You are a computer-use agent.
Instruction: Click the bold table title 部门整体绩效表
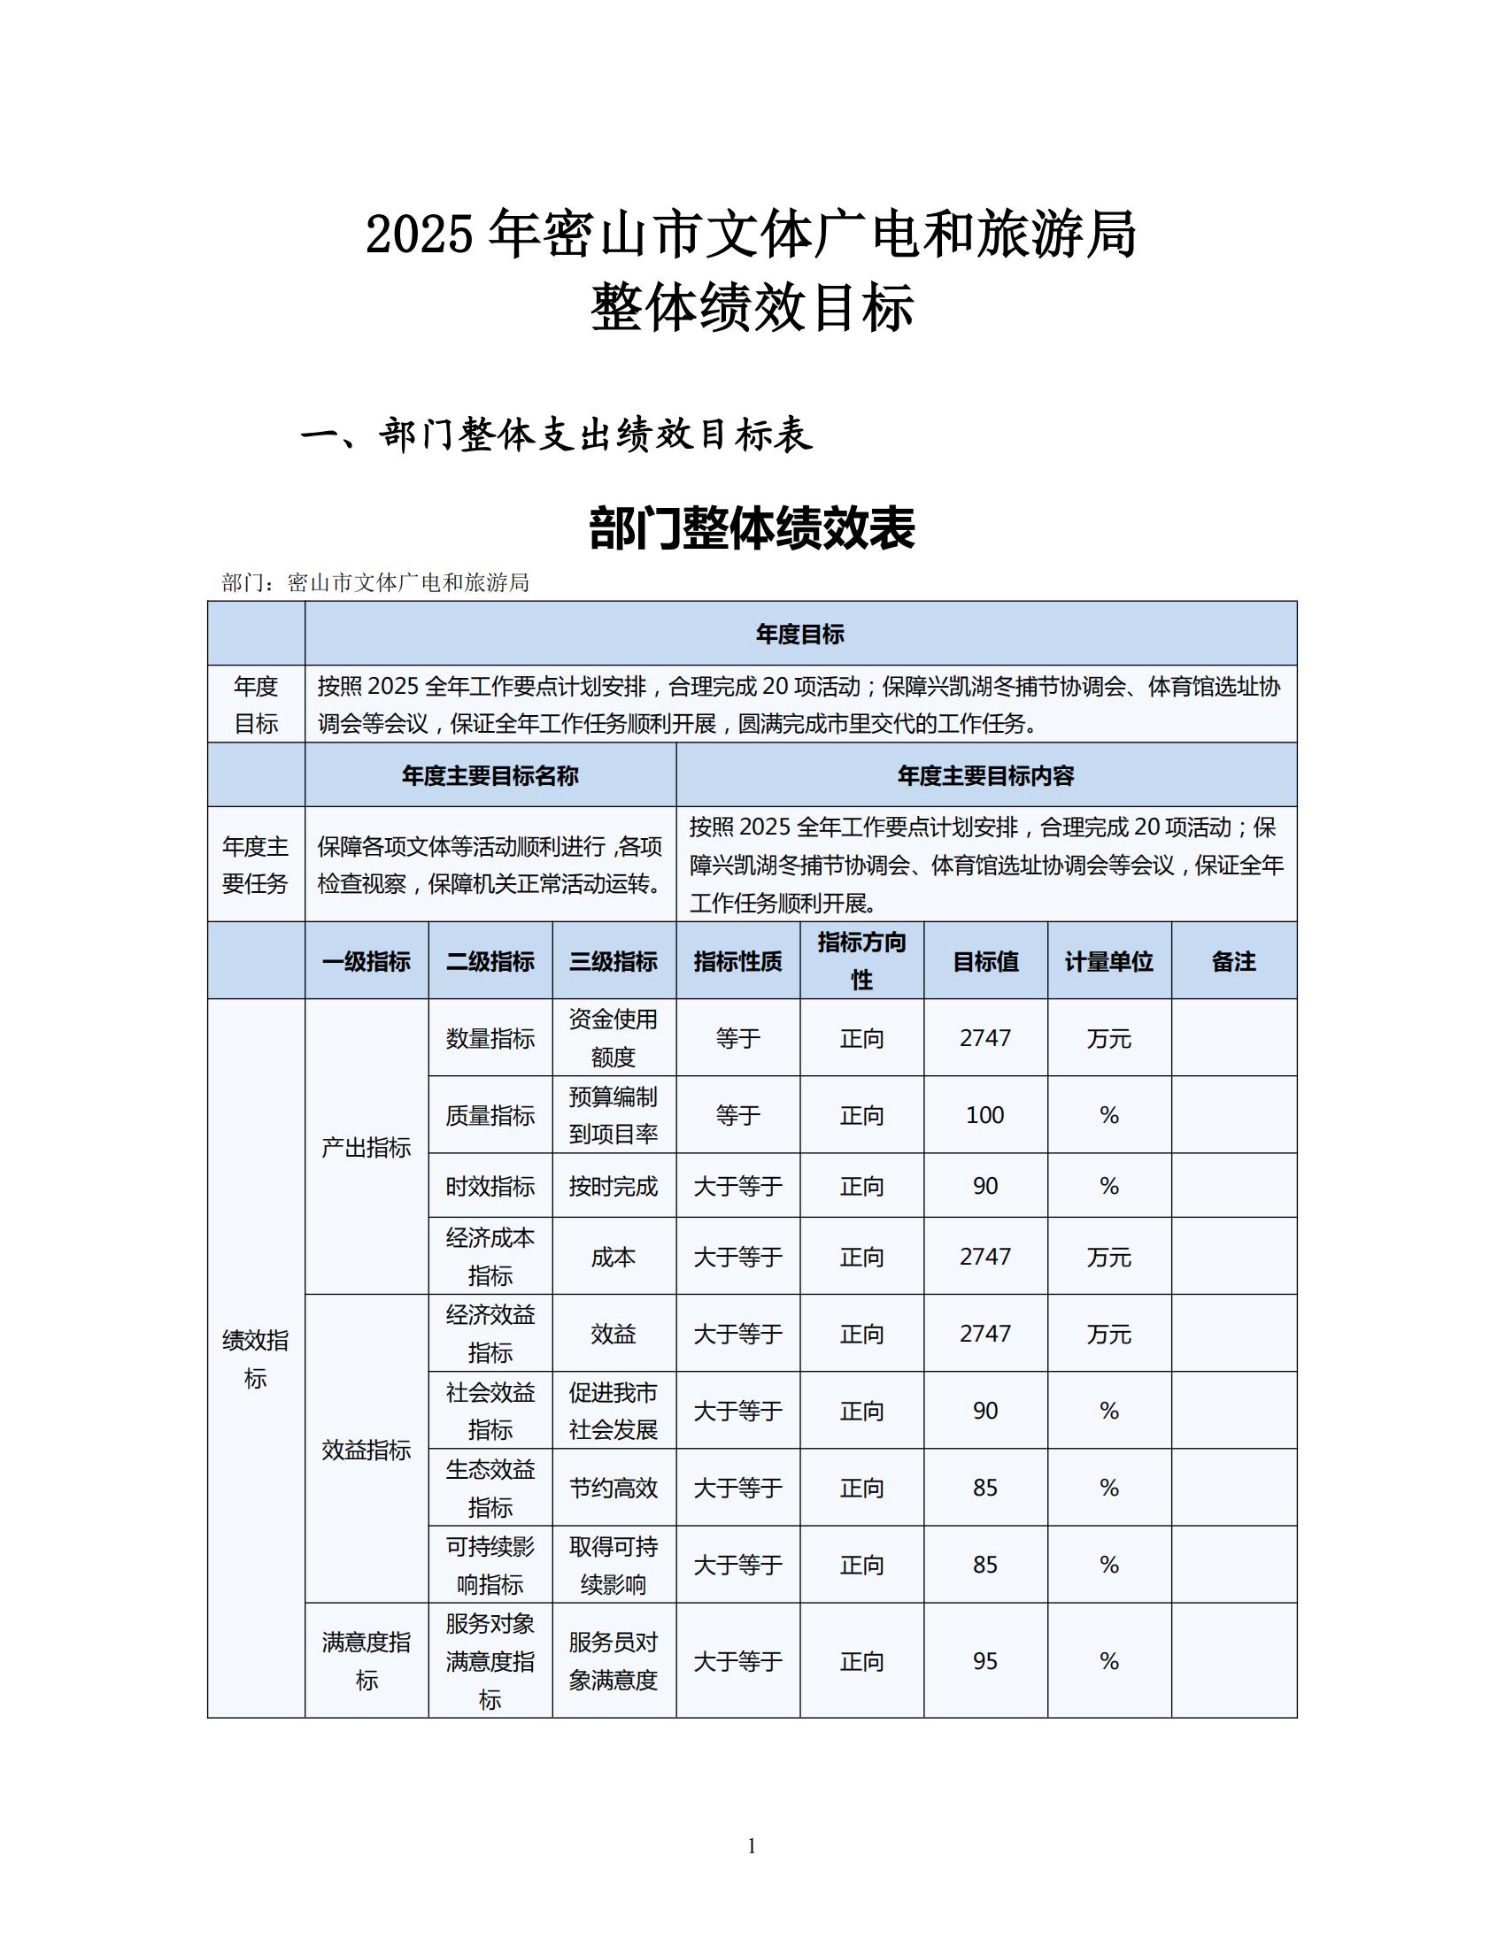tap(752, 528)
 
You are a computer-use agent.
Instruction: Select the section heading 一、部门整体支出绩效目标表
tap(556, 435)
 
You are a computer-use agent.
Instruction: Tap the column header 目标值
tap(985, 961)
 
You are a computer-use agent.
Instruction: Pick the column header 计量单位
tap(1109, 961)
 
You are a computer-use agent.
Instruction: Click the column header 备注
tap(1233, 961)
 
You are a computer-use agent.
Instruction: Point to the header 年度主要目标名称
tap(490, 775)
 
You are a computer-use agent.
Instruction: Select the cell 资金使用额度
tap(614, 1038)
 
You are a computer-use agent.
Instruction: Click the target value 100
tap(985, 1115)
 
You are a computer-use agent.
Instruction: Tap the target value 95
tap(985, 1661)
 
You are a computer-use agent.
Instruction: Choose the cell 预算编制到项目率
tap(614, 1115)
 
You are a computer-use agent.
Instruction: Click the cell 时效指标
tap(490, 1186)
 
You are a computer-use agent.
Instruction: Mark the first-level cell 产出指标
tap(367, 1147)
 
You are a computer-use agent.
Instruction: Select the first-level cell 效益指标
tap(367, 1451)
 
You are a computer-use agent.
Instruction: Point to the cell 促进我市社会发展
tap(614, 1412)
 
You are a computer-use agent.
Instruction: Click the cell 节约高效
tap(614, 1488)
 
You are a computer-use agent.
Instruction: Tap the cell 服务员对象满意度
tap(614, 1661)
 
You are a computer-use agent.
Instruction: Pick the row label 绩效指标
tap(256, 1358)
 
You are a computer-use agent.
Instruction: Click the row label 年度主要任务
tap(256, 865)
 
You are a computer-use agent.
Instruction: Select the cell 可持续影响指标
tap(490, 1566)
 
